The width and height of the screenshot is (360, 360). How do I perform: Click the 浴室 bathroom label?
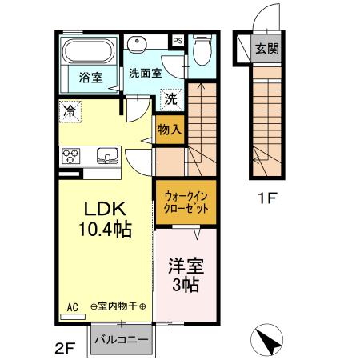click(x=90, y=78)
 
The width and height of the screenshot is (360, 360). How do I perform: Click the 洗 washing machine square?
click(x=171, y=100)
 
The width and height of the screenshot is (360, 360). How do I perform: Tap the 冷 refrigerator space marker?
click(x=70, y=112)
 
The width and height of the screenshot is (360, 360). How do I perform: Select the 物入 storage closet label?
click(x=169, y=129)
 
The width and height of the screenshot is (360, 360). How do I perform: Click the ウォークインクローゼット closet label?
click(x=185, y=199)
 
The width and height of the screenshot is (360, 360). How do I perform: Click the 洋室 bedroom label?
click(x=185, y=265)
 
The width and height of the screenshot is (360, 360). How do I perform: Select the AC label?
click(x=72, y=306)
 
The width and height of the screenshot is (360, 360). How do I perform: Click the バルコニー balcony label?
click(x=122, y=339)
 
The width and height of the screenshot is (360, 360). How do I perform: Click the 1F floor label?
click(x=266, y=198)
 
